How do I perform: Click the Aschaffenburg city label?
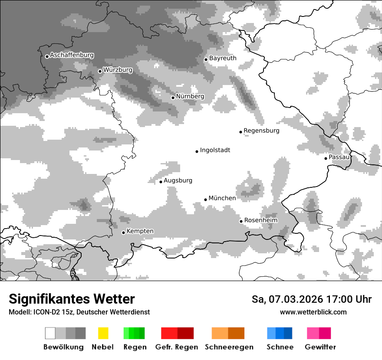[x=72, y=56]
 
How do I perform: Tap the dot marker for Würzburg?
[x=100, y=71]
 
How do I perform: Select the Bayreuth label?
[x=223, y=58]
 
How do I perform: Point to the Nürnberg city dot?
[x=173, y=98]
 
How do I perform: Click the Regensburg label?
[x=261, y=131]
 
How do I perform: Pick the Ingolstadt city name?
[x=215, y=150]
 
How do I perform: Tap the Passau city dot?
[x=326, y=158]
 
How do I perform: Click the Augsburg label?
[x=178, y=180]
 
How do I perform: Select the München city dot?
[x=206, y=200]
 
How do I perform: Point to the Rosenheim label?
[x=260, y=220]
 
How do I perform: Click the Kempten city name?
[x=140, y=231]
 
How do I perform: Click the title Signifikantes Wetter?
[x=72, y=299]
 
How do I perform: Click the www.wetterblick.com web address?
[x=313, y=312]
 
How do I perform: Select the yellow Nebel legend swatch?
[x=103, y=333]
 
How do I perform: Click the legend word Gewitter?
[x=320, y=347]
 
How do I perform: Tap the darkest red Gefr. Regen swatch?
[x=185, y=333]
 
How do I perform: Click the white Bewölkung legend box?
[x=50, y=333]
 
